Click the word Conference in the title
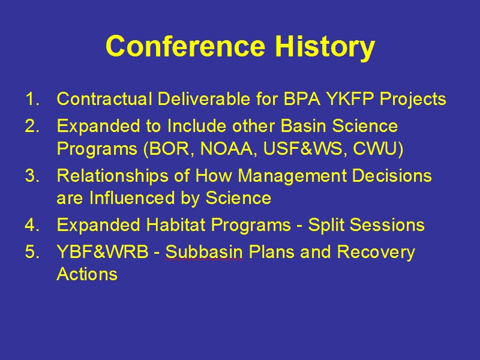click(185, 46)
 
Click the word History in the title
click(325, 47)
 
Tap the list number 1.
click(32, 99)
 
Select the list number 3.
click(32, 176)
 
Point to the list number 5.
click(32, 252)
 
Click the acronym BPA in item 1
click(302, 99)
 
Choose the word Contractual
click(104, 99)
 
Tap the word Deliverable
click(203, 99)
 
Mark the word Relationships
click(113, 176)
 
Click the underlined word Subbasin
click(204, 252)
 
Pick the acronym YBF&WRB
click(102, 252)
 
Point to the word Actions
click(87, 274)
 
